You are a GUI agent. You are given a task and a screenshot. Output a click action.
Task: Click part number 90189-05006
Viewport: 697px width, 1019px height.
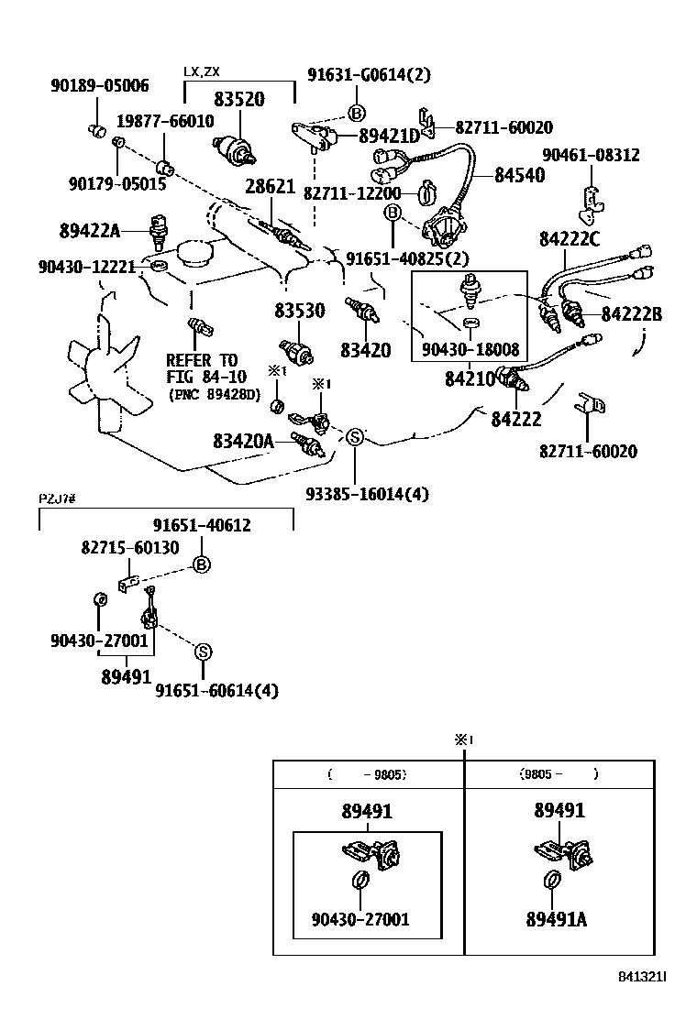[98, 86]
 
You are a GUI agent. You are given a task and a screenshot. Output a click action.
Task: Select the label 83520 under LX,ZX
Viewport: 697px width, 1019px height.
[239, 101]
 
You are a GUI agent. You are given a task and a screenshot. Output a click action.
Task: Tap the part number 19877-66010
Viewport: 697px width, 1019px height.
[164, 121]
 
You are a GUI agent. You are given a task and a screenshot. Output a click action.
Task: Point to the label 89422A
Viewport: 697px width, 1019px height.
[90, 231]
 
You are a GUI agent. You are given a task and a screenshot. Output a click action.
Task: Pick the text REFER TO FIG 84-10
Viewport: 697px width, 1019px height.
[202, 368]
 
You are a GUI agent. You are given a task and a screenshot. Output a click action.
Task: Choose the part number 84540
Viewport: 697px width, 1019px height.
[519, 176]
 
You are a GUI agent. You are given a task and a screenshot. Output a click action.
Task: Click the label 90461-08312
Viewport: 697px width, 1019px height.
[591, 156]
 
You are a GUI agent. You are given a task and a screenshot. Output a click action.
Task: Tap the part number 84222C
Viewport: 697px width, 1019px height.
[570, 239]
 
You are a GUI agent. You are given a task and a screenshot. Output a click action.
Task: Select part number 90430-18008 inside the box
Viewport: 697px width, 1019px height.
[470, 349]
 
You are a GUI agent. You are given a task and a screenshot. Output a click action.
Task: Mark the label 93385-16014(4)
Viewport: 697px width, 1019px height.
[367, 494]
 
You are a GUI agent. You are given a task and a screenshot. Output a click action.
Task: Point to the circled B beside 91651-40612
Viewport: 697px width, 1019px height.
[202, 564]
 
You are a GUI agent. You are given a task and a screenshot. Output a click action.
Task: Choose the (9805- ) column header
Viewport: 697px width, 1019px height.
[559, 773]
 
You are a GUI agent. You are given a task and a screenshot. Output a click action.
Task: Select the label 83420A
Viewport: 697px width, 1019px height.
[243, 441]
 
